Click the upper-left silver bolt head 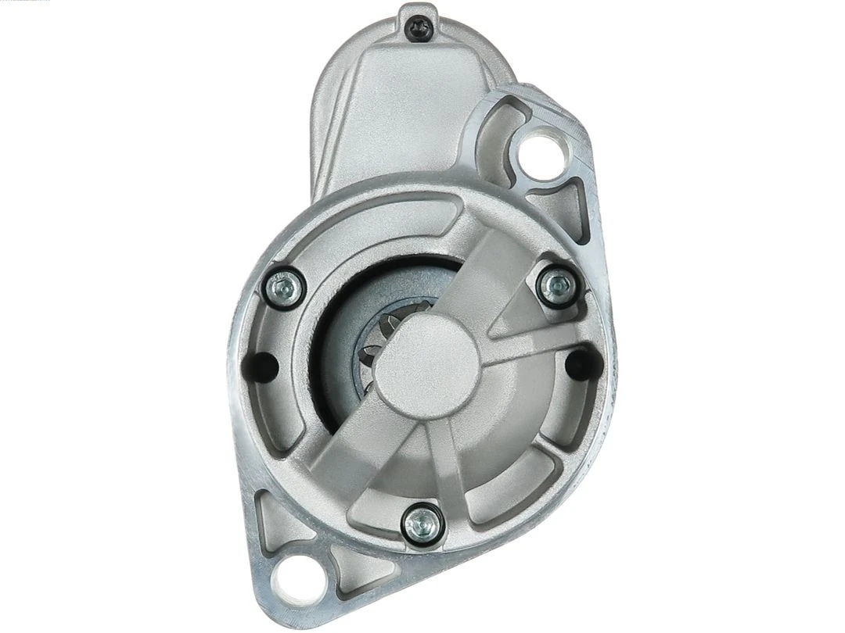point(283,288)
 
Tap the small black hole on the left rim point(263,365)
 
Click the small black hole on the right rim point(581,361)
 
